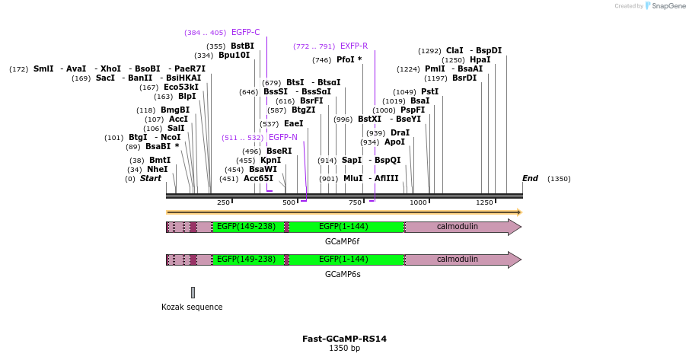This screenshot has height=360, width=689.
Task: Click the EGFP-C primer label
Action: tap(245, 33)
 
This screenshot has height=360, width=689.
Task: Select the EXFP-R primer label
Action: tap(353, 46)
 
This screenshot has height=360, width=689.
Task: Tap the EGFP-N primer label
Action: tap(282, 138)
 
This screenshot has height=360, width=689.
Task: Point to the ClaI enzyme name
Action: tap(455, 51)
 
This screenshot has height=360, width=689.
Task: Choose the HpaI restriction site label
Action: tap(480, 60)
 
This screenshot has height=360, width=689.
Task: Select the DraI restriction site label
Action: tap(400, 133)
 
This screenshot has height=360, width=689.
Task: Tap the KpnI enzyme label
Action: tap(270, 161)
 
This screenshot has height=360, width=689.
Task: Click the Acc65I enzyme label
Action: tap(258, 179)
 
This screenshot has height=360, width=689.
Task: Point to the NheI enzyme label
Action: tap(157, 170)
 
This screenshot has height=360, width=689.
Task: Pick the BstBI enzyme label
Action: tap(242, 46)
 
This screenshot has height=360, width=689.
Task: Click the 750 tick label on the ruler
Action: tap(355, 202)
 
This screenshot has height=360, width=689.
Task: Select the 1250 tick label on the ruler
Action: tap(484, 202)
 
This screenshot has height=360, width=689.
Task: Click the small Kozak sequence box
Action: tap(193, 292)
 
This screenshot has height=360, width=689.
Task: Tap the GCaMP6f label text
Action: tap(342, 241)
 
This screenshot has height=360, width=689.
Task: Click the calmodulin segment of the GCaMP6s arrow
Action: tap(457, 260)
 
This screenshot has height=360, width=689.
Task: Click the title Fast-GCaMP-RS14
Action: tap(344, 339)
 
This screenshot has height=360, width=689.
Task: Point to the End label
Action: tap(530, 179)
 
